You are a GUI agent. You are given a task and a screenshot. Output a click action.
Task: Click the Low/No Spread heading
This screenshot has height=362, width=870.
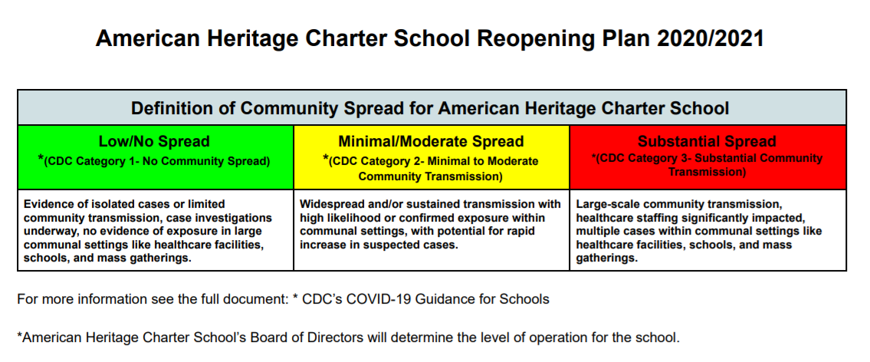coord(154,142)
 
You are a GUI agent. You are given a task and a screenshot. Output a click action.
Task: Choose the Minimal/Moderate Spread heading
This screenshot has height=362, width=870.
coord(431,142)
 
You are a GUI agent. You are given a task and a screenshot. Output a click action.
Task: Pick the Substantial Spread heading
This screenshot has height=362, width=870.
coord(707,142)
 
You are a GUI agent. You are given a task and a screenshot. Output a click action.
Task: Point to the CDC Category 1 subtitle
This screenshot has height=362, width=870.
coord(154,161)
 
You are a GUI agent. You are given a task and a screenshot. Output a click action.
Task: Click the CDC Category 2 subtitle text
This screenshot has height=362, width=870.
coord(431,168)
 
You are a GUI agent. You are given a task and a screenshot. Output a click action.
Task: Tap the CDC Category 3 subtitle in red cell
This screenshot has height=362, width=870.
coord(707,165)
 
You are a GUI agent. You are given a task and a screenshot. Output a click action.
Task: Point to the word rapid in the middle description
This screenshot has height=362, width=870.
coord(517,232)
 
